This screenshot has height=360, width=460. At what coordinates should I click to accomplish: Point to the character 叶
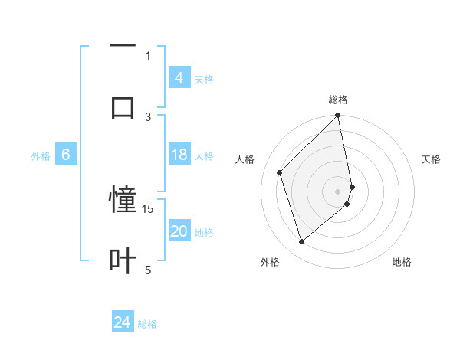(123, 260)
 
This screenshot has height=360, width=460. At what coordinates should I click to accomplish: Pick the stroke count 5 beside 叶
(148, 270)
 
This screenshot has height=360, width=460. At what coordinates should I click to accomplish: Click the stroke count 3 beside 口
(148, 116)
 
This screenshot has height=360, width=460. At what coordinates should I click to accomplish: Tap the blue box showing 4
(179, 78)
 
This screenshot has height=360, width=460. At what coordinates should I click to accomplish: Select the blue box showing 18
(179, 155)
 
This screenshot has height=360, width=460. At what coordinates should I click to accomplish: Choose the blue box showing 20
(179, 231)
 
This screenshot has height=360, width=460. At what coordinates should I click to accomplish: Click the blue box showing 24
(123, 322)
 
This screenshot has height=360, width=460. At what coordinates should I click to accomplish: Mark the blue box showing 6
(66, 155)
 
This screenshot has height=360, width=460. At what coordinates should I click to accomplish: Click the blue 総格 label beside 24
(147, 324)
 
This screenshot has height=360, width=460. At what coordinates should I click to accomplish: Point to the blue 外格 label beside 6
(41, 156)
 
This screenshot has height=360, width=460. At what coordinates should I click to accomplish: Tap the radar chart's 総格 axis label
(338, 100)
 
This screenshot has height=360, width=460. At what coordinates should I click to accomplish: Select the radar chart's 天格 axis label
(432, 159)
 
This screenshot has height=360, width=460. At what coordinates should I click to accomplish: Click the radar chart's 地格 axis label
(402, 262)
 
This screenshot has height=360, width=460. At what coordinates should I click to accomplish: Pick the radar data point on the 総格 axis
(338, 116)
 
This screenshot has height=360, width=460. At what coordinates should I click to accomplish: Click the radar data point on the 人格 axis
(280, 172)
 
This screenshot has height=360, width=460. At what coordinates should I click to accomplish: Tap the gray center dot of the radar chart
(338, 191)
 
